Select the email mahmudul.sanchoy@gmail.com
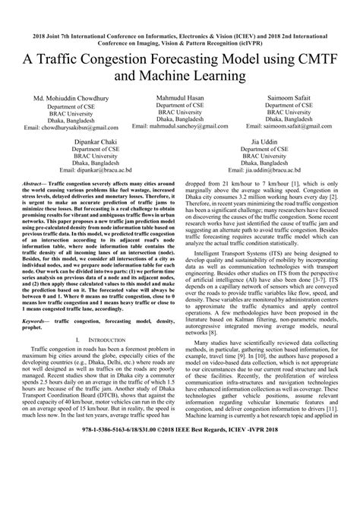(x=180, y=128)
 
